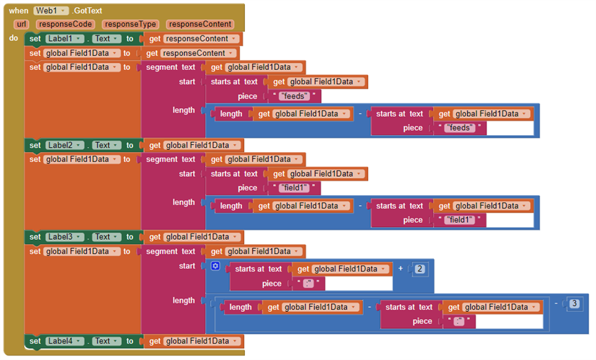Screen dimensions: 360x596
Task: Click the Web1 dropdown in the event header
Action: click(x=51, y=11)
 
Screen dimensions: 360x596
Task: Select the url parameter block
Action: click(x=21, y=24)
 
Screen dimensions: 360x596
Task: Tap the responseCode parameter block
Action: click(x=64, y=24)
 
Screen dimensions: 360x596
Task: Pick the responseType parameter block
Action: click(x=130, y=24)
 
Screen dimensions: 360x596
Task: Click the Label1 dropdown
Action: click(x=64, y=39)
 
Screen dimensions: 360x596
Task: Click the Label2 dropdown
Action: click(x=64, y=145)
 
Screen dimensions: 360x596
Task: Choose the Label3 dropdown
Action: click(x=64, y=237)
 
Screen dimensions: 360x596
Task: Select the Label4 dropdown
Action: click(x=64, y=341)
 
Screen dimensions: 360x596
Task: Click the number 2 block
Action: click(x=420, y=269)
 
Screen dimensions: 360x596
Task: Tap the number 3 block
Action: click(x=575, y=303)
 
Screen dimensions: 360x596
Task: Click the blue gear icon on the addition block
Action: click(x=216, y=266)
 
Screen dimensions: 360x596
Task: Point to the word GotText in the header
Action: click(x=87, y=11)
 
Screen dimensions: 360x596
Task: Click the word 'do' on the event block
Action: click(x=14, y=38)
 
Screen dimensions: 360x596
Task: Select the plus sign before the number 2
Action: click(x=401, y=269)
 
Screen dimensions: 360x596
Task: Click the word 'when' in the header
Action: click(x=19, y=11)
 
